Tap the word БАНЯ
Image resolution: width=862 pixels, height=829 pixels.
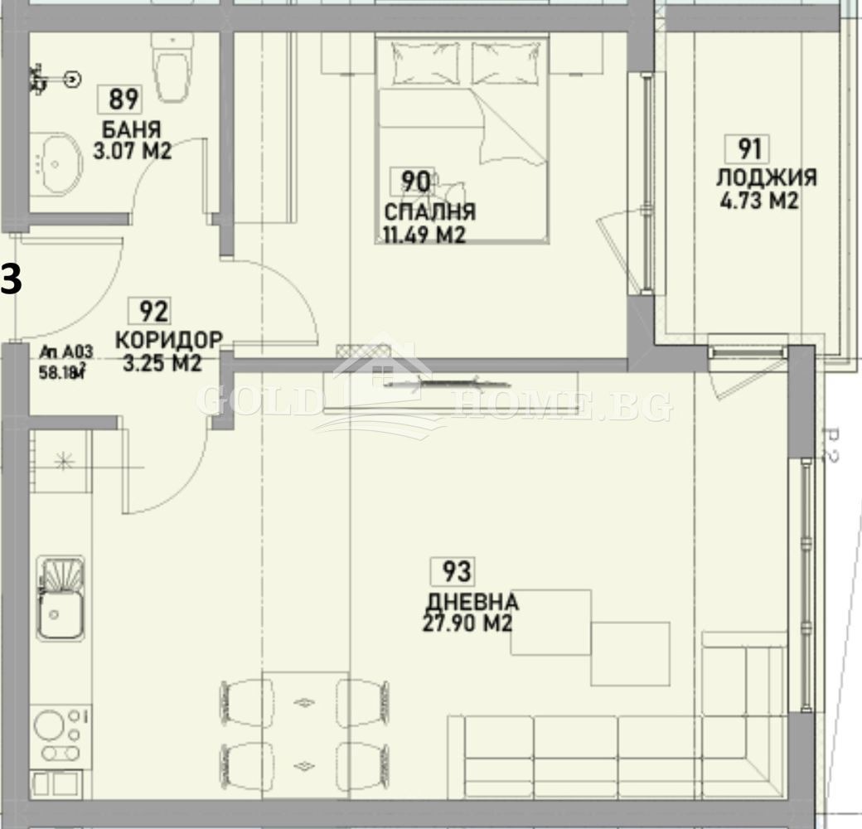click(x=132, y=130)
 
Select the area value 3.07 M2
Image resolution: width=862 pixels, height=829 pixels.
click(x=132, y=151)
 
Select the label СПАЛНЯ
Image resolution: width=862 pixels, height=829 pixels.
click(x=429, y=211)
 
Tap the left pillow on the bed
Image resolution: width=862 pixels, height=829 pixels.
click(x=425, y=63)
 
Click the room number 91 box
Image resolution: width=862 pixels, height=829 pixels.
click(x=749, y=149)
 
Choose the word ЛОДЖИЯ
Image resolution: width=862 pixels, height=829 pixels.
click(x=767, y=177)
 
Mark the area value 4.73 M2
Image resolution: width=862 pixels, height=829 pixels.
click(x=761, y=201)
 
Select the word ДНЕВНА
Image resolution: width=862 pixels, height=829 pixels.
click(x=472, y=601)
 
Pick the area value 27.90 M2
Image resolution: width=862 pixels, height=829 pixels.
click(x=467, y=623)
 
